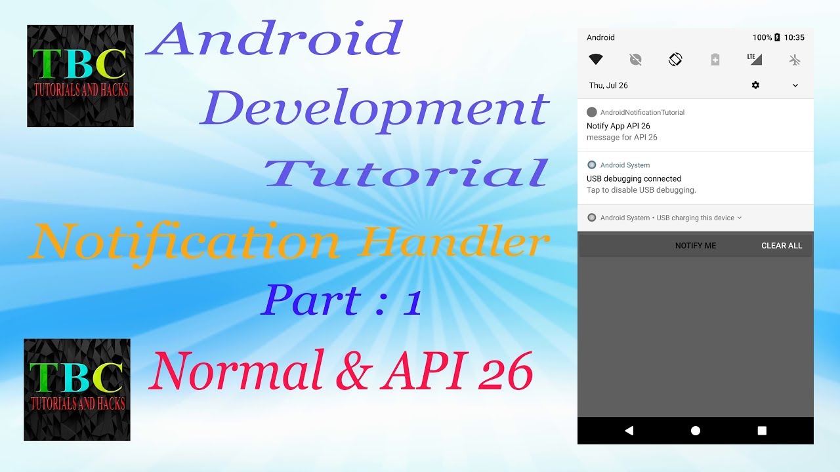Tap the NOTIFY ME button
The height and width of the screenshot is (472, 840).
pos(696,246)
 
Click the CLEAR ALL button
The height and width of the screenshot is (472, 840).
pos(782,246)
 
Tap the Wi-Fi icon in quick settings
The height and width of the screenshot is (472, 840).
pos(596,60)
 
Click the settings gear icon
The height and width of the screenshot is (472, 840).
pos(755,85)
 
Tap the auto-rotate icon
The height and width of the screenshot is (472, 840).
pos(675,60)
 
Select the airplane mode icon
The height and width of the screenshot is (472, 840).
pos(795,60)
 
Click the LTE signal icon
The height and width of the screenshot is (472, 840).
pos(755,59)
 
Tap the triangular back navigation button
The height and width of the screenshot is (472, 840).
pos(629,431)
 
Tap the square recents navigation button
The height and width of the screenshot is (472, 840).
pos(762,431)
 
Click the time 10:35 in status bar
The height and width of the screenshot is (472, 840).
pos(794,37)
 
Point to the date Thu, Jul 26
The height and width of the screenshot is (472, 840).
pos(608,85)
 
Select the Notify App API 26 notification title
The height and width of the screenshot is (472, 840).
pos(618,126)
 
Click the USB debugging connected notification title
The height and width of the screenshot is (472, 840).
pos(634,178)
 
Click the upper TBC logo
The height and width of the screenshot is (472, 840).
pos(80,76)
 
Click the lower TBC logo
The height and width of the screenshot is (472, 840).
pos(77,389)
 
